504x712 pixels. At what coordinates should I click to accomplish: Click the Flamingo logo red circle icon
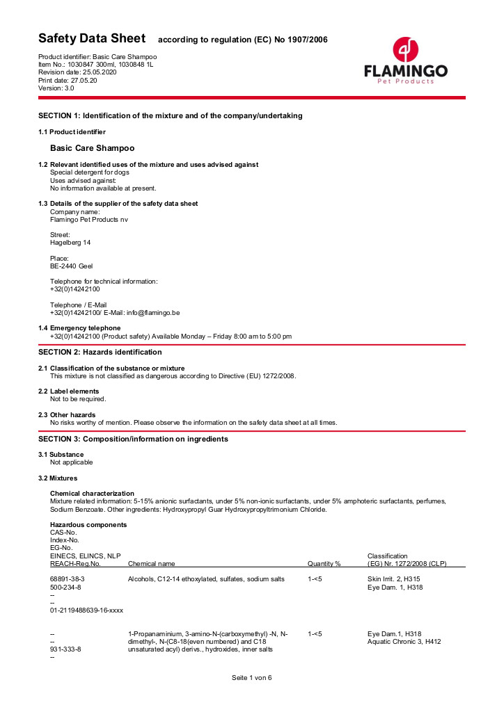point(406,50)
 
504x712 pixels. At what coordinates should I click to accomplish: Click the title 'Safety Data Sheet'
point(92,38)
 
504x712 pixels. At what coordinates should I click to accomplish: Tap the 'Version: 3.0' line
point(56,88)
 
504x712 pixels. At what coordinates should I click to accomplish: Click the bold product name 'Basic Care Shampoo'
point(93,148)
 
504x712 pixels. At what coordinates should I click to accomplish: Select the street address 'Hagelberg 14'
point(70,243)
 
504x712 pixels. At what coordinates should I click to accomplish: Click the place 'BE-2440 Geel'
point(71,266)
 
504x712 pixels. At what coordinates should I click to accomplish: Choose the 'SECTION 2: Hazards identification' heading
point(100,352)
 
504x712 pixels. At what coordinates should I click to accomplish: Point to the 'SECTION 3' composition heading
point(133,439)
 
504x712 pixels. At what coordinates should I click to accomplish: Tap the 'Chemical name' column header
point(152,563)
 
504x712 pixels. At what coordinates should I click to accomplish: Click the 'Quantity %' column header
point(324,563)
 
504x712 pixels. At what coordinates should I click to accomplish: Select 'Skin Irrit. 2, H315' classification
point(393,579)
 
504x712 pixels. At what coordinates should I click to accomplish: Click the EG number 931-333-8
point(65,649)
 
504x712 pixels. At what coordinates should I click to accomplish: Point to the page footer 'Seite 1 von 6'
point(251,678)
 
